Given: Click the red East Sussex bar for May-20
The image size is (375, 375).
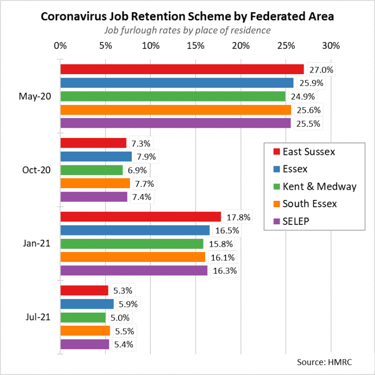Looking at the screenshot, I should pos(182,69).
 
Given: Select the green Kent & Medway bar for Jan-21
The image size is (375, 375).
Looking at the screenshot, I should pos(132,243).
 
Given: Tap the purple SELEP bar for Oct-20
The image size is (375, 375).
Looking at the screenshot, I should pos(94,197).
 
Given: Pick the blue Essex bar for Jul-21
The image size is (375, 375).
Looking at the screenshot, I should pos(87,304).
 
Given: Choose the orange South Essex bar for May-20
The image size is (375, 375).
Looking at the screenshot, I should pos(175,110).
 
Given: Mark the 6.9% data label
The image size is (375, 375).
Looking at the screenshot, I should pos(137,170).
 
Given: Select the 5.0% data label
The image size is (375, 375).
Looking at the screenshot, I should pos(120,318).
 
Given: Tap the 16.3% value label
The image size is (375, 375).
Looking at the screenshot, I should pos(225,271).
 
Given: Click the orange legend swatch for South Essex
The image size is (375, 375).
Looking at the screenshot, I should pos(276,204).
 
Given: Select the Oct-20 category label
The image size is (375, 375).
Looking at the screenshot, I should pos(36,170).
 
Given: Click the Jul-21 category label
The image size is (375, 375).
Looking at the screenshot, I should pos(37,317).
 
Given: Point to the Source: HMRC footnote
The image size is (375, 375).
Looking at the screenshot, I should pos(324,362).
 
